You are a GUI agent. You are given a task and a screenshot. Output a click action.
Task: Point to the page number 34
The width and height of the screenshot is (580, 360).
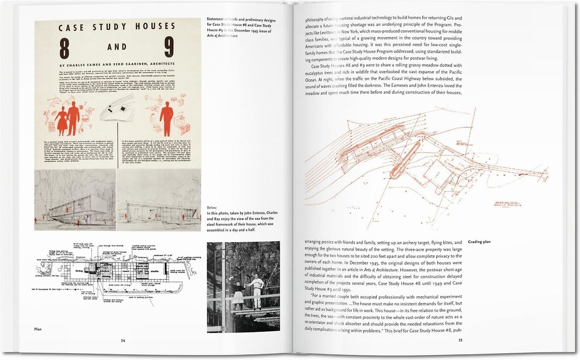[x=123, y=340]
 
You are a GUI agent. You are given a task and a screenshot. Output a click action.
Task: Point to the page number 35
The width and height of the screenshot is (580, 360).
[x=460, y=340]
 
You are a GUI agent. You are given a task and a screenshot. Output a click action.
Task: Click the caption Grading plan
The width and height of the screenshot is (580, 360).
[x=479, y=242]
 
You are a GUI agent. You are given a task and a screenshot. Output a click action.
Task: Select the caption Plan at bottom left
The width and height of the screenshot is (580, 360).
[x=38, y=329]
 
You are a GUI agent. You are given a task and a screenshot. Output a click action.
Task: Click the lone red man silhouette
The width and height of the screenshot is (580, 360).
[x=167, y=119]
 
